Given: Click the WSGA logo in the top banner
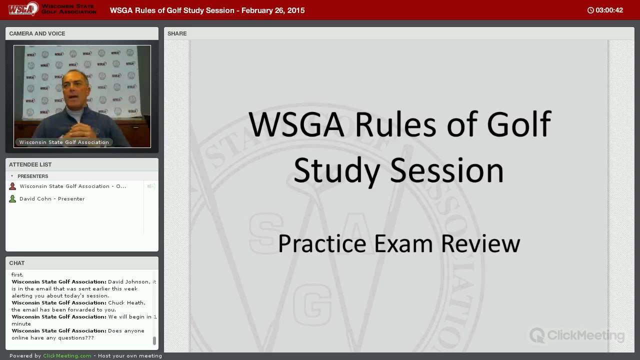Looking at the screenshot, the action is coord(23,8).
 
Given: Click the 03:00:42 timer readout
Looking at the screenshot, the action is coord(609,10).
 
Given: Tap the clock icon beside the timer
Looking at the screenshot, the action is coord(590,10).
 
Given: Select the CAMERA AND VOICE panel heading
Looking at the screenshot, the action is coord(37,33).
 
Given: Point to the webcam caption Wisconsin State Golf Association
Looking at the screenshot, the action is coord(64,142).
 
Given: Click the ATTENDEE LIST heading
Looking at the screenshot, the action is coord(30,164).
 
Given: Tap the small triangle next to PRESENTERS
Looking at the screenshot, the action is coord(12,176).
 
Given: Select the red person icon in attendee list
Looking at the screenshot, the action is coord(12,186).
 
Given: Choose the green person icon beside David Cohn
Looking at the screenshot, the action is coord(12,198).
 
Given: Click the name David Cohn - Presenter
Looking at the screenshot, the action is coord(52,198).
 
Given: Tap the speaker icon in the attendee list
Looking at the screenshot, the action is coord(151,186).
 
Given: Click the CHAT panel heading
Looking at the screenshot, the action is coord(17,263).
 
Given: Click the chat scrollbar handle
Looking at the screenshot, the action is coord(154,340).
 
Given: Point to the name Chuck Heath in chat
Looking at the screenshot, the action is coord(126,302).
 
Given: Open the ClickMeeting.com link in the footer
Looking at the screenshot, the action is coord(67,355).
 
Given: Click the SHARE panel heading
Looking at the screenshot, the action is coord(177,33).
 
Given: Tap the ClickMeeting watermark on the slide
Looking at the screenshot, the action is coord(577,335).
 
